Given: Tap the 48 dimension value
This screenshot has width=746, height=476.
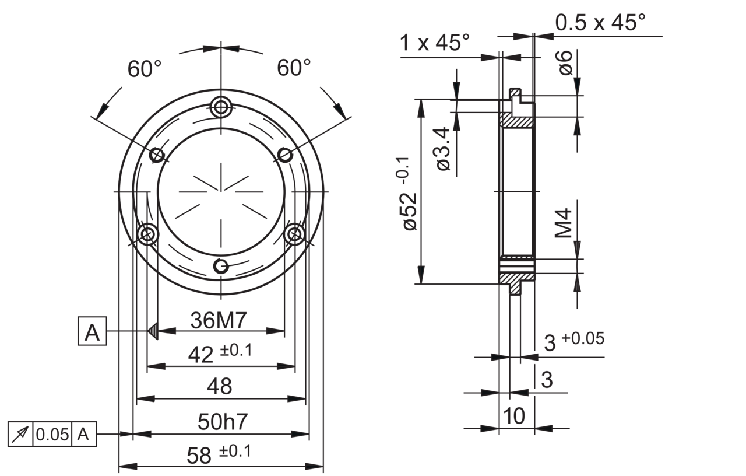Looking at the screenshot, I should point(220,386).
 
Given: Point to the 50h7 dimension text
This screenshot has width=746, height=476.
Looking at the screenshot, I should point(220,422).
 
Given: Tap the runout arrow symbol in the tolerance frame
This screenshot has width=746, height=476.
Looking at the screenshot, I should point(21,435).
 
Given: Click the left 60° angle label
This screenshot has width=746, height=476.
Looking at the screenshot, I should point(145,69).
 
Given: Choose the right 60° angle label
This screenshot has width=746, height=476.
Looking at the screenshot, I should point(294,68).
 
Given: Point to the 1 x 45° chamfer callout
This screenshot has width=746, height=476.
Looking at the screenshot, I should point(435,43).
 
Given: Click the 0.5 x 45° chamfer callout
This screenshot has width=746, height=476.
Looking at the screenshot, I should point(600,23).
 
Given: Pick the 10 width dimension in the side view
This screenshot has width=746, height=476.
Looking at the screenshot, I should point(515,416).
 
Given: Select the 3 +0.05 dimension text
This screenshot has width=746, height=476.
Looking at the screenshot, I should point(573,342).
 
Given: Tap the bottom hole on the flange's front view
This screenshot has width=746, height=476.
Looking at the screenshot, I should point(221,266).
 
